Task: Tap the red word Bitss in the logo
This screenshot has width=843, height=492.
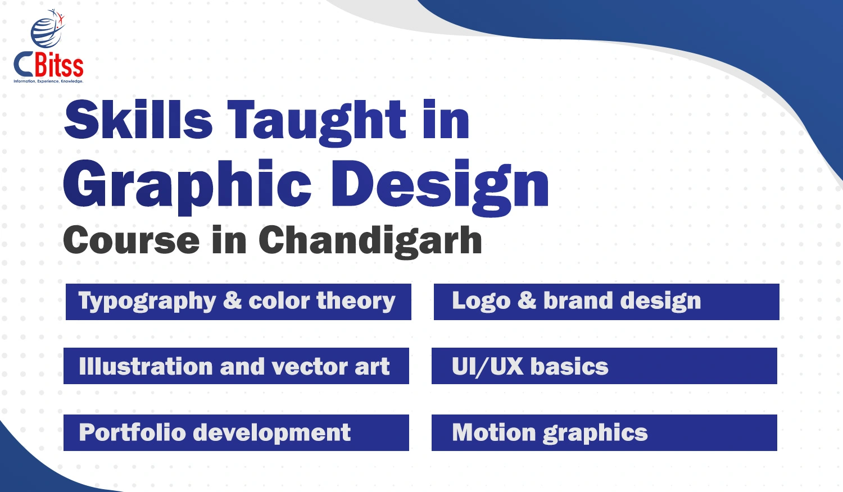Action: [x=59, y=67]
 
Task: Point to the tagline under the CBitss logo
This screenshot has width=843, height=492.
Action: [x=48, y=81]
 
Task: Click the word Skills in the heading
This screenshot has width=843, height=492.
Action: [x=138, y=119]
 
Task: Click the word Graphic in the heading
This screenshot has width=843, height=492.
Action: [x=187, y=186]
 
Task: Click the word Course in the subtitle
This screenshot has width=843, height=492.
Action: [x=132, y=240]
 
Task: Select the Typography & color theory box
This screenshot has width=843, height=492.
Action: [x=238, y=302]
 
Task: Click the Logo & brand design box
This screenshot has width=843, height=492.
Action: [x=606, y=302]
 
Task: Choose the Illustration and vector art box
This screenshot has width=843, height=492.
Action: [x=237, y=366]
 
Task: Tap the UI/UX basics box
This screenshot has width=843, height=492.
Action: [x=604, y=366]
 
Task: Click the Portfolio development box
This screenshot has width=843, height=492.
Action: [x=237, y=432]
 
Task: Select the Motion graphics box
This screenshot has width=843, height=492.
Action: [x=604, y=432]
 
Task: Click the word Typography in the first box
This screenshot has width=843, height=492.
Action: [x=147, y=302]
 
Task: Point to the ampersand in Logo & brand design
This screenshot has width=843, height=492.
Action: [x=527, y=300]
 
